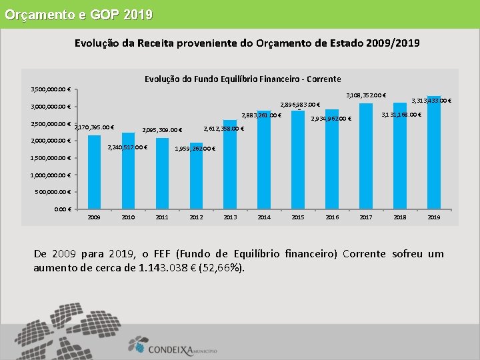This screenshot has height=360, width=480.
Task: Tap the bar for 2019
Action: click(434, 153)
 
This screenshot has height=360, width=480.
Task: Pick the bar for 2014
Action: click(264, 159)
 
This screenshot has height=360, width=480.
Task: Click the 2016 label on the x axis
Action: click(332, 217)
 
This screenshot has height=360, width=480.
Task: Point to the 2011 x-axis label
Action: click(162, 217)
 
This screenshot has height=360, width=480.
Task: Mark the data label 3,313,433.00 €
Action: click(431, 101)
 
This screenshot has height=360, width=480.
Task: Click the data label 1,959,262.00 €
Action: click(194, 149)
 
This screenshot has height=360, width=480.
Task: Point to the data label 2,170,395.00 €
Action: click(94, 127)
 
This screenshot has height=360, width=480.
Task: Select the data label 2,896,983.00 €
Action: click(300, 105)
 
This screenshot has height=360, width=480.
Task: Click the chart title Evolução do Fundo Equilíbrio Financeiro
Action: click(243, 79)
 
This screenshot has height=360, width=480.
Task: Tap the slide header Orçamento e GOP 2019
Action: click(79, 14)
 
